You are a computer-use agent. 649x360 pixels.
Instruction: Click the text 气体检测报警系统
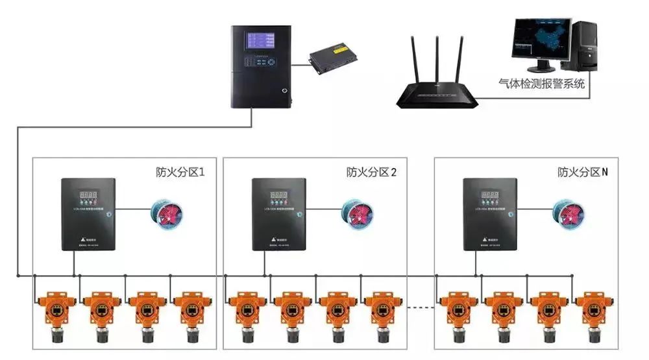tap(541, 84)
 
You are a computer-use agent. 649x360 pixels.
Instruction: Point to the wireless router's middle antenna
tap(436, 62)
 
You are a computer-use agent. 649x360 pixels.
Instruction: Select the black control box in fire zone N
tap(490, 215)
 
